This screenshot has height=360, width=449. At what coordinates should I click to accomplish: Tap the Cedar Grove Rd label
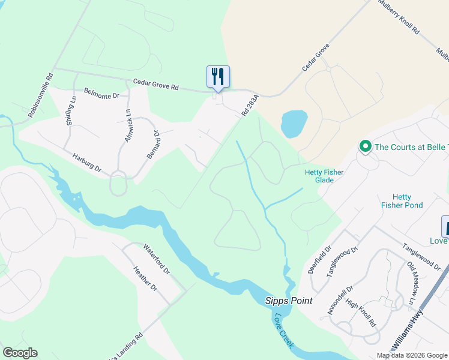(x=156, y=85)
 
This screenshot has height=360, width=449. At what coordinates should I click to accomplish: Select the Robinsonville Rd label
(x=41, y=95)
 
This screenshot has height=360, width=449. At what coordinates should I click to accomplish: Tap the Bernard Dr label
(x=154, y=145)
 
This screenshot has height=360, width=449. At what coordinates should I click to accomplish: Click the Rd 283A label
(x=250, y=105)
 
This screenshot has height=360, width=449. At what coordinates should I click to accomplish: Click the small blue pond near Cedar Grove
(x=294, y=123)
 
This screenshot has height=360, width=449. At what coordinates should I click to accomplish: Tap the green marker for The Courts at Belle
(x=364, y=146)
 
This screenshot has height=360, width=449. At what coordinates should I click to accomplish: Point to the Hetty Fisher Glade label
(x=324, y=176)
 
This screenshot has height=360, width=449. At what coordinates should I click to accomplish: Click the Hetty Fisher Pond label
(x=402, y=201)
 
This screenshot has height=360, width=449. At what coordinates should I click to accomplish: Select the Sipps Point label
(x=289, y=301)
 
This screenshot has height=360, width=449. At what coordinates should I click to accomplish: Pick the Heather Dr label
(x=145, y=279)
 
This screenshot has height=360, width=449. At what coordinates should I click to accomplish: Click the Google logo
(x=20, y=353)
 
